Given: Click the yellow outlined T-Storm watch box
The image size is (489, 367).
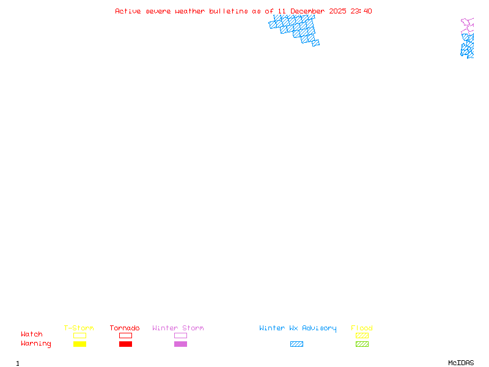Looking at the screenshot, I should point(79,335).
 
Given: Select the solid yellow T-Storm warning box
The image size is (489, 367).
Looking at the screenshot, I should point(79,344).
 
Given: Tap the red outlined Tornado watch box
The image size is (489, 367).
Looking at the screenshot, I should point(125,335).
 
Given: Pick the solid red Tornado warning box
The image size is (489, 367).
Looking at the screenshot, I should point(125,344).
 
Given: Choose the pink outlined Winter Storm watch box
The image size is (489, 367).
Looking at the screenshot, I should point(180,335).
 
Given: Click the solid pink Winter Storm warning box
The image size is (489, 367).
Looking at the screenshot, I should point(180,344).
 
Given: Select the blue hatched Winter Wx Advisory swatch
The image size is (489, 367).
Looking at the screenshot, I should point(296,344).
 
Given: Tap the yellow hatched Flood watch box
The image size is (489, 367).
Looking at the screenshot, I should point(362,335).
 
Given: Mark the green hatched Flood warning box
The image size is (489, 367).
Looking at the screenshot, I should point(362,344).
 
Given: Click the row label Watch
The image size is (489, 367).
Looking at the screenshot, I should point(32,335).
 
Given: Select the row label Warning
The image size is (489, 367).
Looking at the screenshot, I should point(36,344).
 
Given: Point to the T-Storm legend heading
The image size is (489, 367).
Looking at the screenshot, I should point(79,328).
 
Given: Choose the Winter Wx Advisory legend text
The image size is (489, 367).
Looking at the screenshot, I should point(298,328).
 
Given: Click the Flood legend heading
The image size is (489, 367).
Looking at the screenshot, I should point(362,328).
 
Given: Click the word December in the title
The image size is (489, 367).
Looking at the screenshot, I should point(307,11).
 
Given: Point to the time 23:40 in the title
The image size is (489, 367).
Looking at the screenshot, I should point(361,11).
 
